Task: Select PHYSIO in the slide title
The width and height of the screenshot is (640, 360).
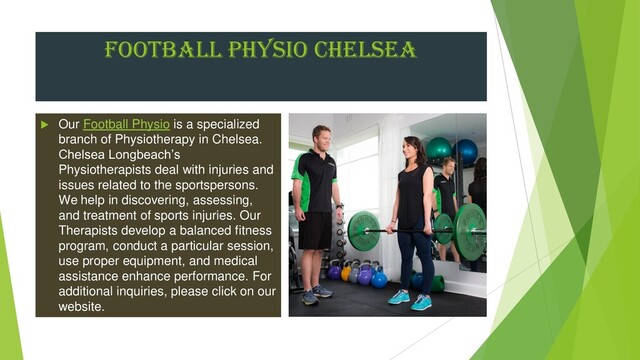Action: (x=259, y=49)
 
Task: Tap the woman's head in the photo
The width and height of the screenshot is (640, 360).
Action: (x=414, y=149)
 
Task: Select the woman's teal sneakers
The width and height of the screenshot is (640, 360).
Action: (x=410, y=298)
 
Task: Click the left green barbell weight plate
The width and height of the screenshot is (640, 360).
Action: (x=364, y=230)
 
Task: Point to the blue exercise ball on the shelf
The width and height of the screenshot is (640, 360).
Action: (x=466, y=152)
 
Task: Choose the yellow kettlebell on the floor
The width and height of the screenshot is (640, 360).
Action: (x=347, y=273)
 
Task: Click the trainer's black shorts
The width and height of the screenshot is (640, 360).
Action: (x=315, y=229)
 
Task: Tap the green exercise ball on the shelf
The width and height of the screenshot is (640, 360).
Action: (x=439, y=150)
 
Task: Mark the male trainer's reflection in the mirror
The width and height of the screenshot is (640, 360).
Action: (x=449, y=190)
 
